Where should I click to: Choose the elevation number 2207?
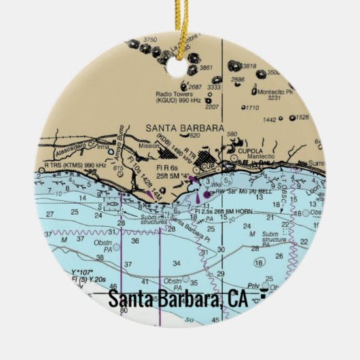coord(212,107)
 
